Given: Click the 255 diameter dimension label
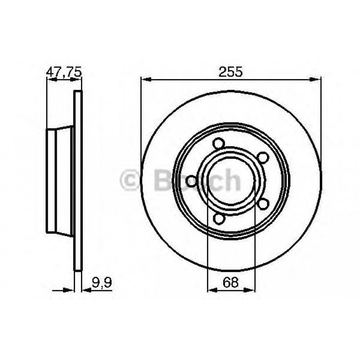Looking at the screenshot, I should [231, 71].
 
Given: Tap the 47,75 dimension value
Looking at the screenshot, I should [64, 71].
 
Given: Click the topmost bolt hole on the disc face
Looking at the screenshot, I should [219, 144].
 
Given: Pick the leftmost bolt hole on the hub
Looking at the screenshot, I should [192, 181].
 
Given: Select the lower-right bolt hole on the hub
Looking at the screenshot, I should [263, 204].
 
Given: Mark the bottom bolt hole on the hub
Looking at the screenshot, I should [219, 219].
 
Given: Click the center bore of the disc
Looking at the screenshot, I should [231, 181].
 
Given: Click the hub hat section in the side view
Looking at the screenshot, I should [59, 181].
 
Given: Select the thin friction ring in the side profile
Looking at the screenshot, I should [78, 181].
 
